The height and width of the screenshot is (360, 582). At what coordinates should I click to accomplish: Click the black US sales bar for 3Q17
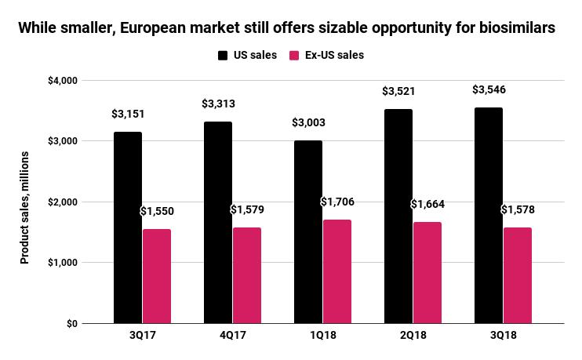click(x=128, y=227)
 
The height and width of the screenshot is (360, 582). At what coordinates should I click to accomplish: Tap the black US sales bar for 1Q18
click(x=308, y=231)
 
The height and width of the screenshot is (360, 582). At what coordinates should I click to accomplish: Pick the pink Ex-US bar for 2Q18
click(x=427, y=272)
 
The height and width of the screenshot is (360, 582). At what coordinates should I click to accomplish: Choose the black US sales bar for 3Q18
click(x=488, y=215)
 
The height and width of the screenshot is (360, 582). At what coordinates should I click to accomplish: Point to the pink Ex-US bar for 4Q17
click(x=247, y=275)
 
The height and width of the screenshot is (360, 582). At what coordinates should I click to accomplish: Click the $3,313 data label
click(x=218, y=104)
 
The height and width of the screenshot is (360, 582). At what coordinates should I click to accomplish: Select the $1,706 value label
click(x=337, y=202)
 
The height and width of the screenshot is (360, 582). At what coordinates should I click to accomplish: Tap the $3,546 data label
click(x=489, y=90)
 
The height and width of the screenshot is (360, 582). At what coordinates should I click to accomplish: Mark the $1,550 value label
click(x=156, y=211)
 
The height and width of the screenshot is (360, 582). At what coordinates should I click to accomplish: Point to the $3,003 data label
click(x=308, y=122)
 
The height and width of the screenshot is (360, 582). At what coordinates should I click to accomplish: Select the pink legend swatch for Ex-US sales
click(x=295, y=56)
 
